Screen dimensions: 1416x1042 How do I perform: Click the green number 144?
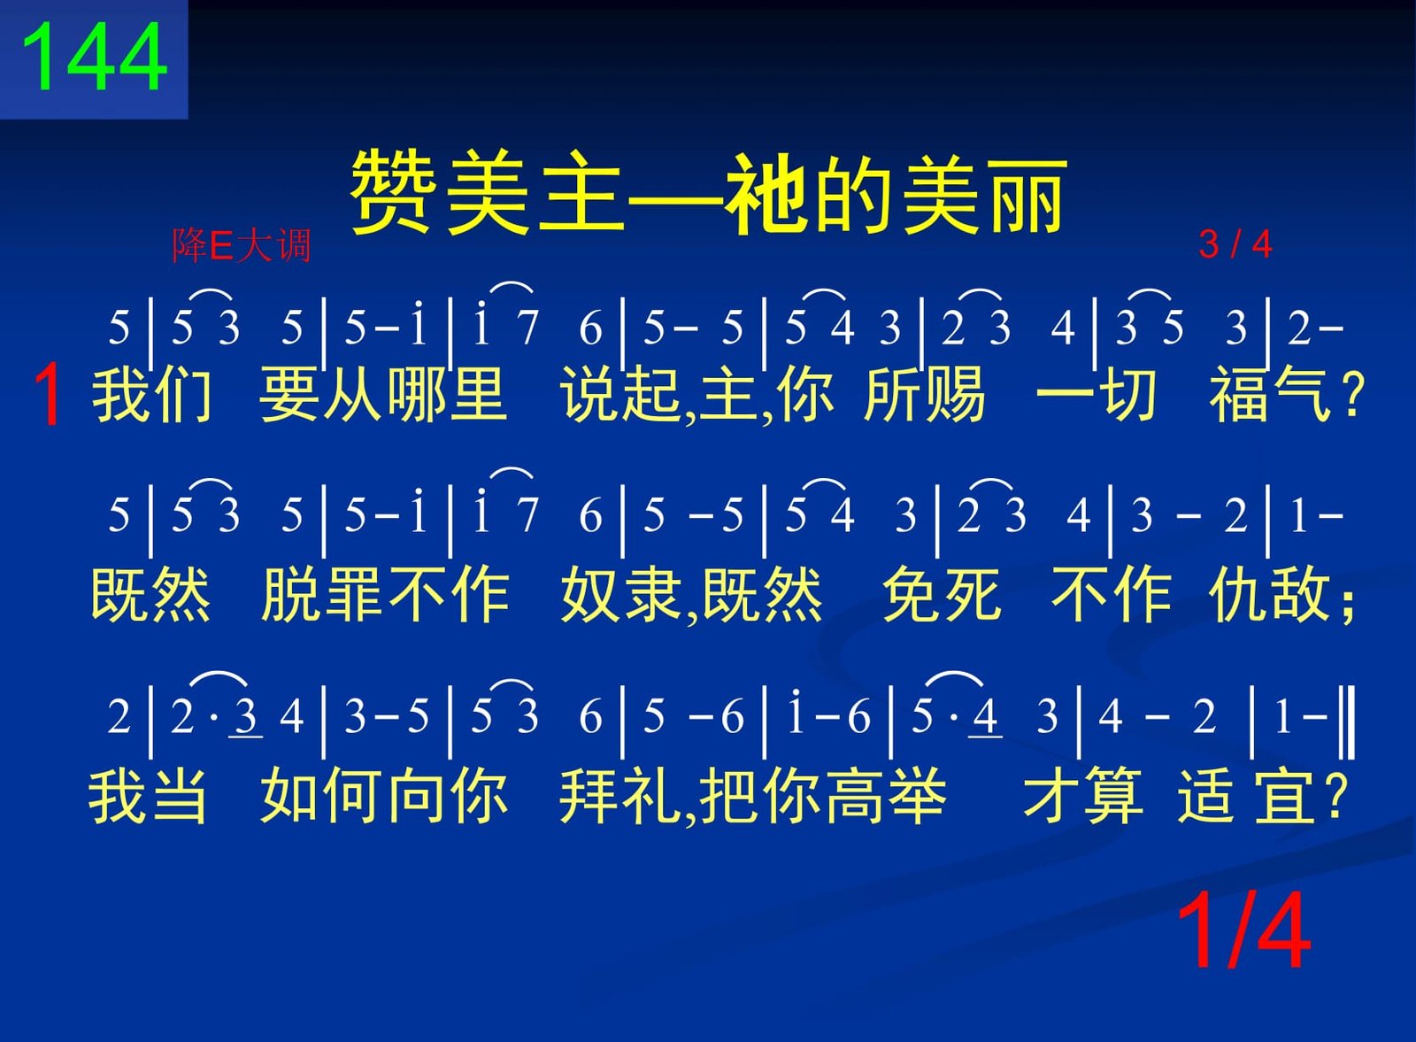point(94,57)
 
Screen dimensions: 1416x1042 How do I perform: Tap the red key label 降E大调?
point(242,245)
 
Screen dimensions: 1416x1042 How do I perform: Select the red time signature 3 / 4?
point(1235,244)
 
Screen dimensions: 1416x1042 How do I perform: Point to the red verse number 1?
point(48,396)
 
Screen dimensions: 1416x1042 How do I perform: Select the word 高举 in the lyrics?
point(885,794)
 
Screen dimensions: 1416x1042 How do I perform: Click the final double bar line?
point(1348,723)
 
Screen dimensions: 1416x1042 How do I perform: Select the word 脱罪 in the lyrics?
point(321,594)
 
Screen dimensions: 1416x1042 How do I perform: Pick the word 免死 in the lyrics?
point(942,594)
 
